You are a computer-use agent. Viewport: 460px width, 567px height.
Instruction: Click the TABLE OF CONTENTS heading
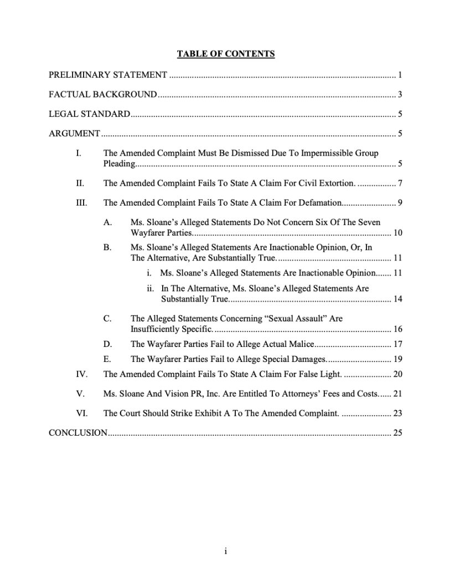click(x=226, y=54)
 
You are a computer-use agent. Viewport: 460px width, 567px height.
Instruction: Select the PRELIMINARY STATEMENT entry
click(x=108, y=74)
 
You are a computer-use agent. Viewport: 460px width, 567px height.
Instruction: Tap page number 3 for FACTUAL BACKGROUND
click(x=400, y=94)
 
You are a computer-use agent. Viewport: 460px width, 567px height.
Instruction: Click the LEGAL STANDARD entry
click(x=89, y=115)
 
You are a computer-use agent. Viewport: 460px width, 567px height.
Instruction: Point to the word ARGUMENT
click(x=74, y=134)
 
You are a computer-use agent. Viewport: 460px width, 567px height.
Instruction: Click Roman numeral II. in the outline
click(x=80, y=183)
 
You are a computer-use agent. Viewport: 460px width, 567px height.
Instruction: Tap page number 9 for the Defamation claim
click(x=400, y=202)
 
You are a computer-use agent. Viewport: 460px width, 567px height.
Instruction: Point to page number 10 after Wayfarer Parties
click(x=397, y=232)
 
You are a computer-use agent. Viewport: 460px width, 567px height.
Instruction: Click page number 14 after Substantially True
click(x=397, y=299)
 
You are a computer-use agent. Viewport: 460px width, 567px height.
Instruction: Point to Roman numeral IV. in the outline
click(x=81, y=374)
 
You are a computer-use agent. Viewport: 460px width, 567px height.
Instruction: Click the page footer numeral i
click(x=226, y=551)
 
